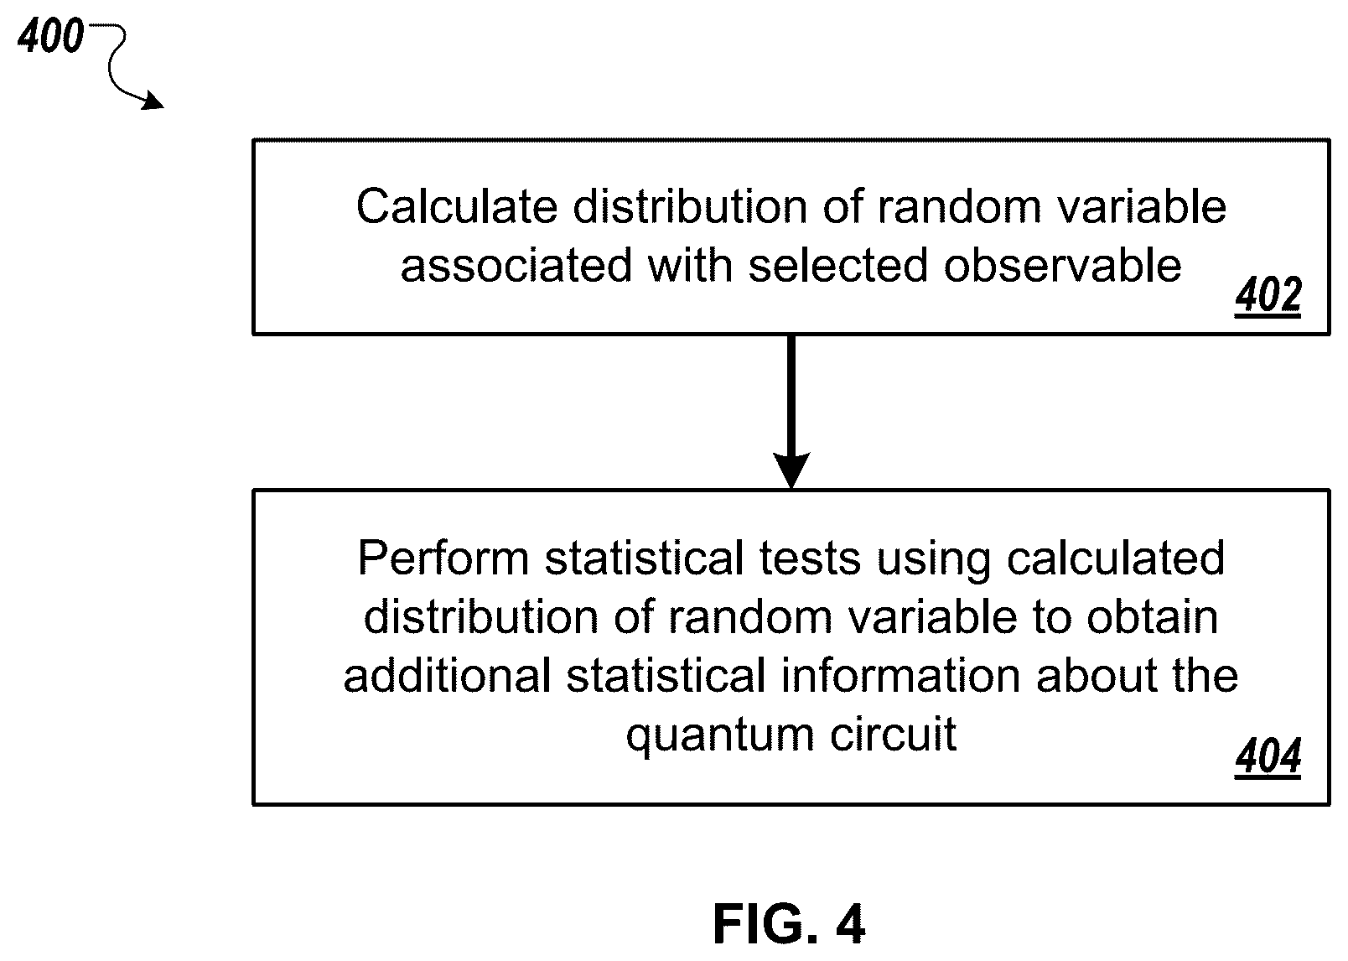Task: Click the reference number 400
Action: tap(50, 35)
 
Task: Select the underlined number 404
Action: tap(1268, 756)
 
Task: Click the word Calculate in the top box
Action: tap(458, 206)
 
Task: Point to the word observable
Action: tap(1062, 265)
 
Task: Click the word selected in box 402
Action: tap(838, 265)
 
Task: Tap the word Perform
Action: tap(444, 558)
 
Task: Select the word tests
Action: tap(810, 558)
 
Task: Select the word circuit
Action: tap(893, 734)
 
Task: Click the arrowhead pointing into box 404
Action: tap(791, 470)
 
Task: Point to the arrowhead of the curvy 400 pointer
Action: tap(153, 101)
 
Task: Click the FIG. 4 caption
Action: tap(789, 924)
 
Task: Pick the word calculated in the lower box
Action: tap(1116, 558)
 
